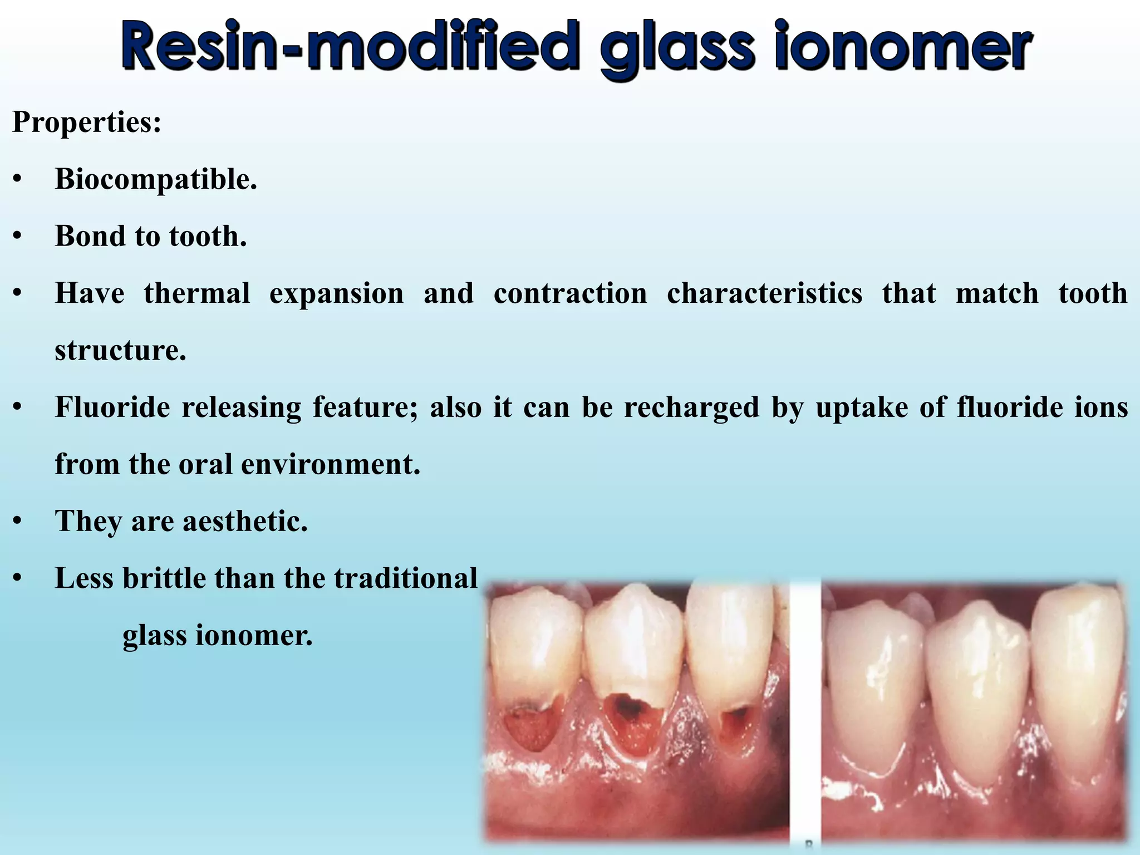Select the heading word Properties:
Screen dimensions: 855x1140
pos(87,122)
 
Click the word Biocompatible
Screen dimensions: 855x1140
pos(156,180)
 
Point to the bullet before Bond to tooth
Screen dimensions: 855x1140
pos(18,237)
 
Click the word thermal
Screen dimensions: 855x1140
pos(197,293)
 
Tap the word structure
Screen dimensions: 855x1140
pos(120,351)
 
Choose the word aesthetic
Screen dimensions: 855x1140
pos(245,522)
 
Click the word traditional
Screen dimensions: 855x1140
pos(406,578)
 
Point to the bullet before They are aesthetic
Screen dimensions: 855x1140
pos(18,522)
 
